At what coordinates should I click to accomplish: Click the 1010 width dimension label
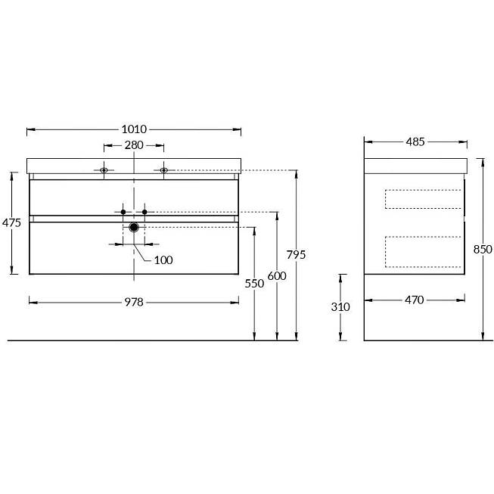click(134, 129)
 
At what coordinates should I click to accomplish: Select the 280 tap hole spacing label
click(134, 145)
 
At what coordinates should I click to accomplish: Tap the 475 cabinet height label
click(11, 222)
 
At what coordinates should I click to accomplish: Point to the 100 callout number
click(163, 260)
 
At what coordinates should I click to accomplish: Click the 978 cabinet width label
click(134, 302)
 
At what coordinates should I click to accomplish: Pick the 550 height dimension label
click(254, 284)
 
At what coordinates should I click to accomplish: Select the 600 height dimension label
click(277, 276)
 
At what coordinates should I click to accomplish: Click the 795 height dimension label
click(296, 254)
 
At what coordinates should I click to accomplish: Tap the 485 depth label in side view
click(415, 142)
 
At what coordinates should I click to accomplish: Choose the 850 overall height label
click(483, 250)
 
